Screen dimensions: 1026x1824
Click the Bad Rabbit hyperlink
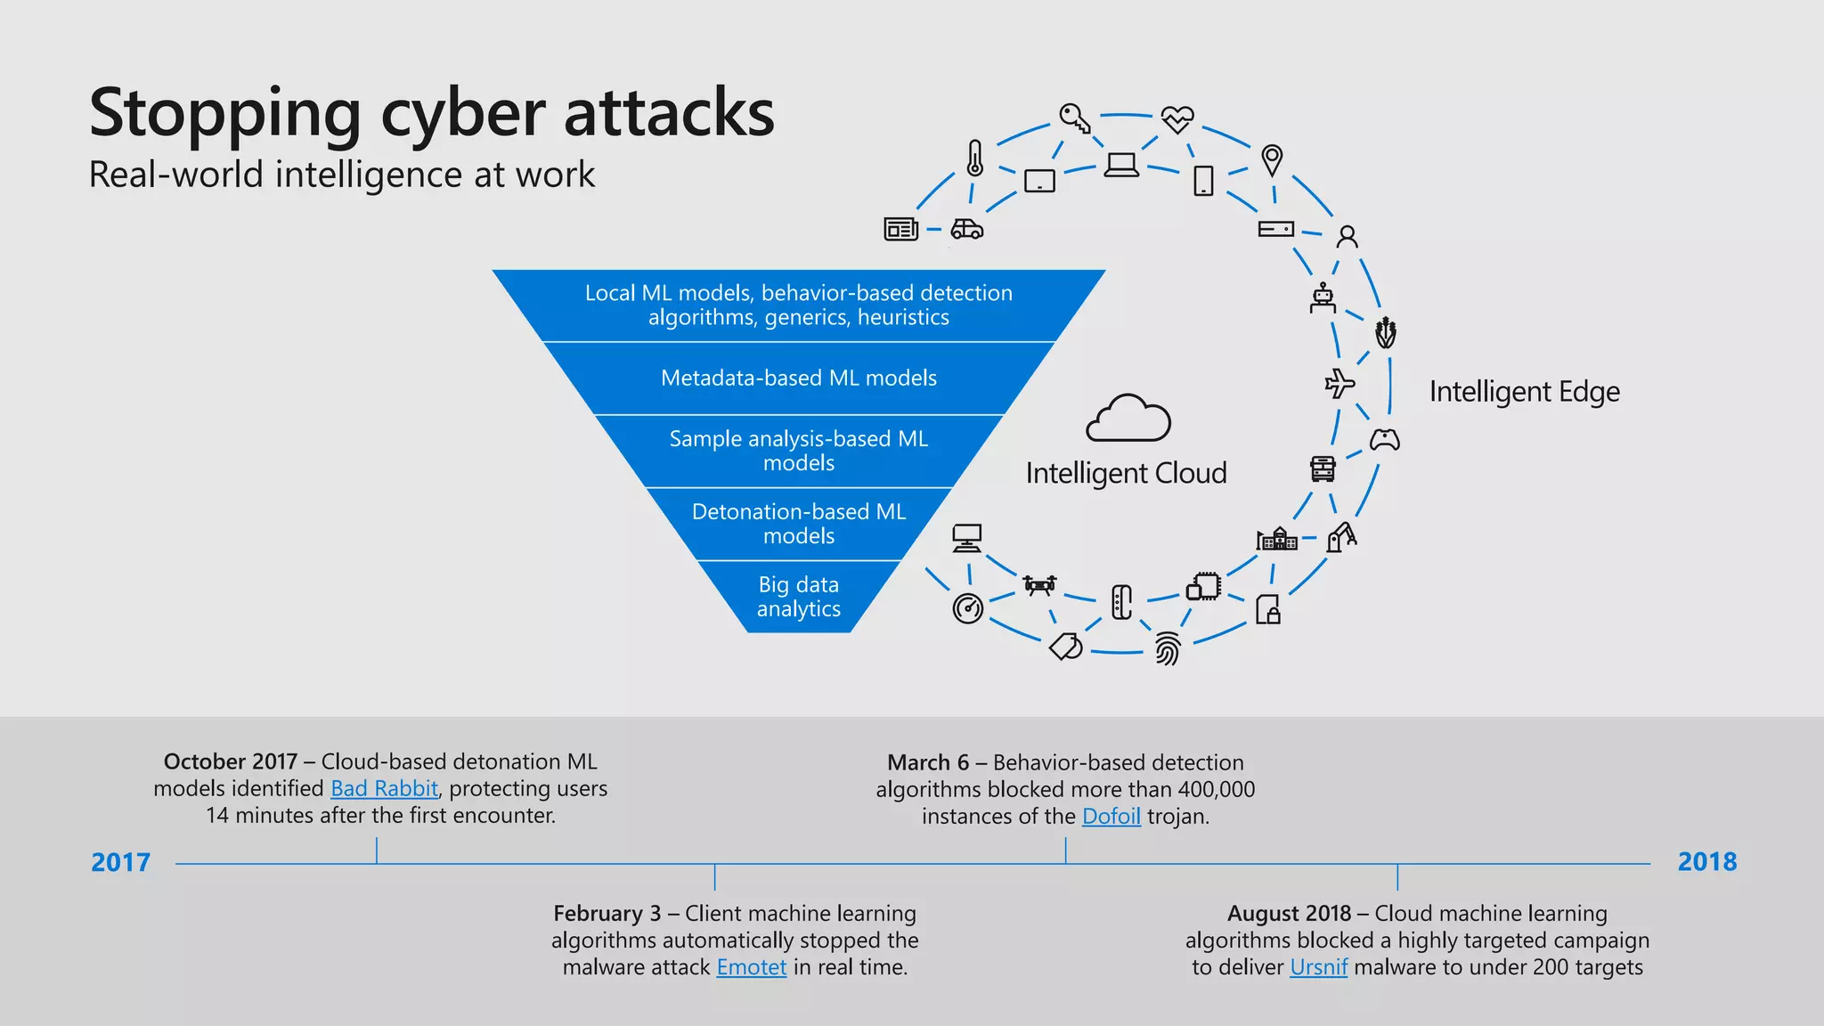point(384,789)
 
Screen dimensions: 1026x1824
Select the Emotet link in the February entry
point(751,967)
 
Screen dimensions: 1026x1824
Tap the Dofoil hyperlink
point(1111,817)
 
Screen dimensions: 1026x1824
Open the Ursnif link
point(1318,967)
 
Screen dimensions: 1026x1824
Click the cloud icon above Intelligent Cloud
point(1128,419)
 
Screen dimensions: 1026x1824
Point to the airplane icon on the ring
point(1339,384)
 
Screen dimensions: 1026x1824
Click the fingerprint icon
point(1167,649)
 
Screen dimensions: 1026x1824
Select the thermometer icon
point(975,159)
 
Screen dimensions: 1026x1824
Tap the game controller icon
point(1384,440)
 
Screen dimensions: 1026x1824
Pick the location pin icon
point(1272,160)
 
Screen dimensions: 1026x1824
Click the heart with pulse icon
point(1177,118)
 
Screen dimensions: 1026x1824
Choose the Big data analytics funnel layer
point(799,597)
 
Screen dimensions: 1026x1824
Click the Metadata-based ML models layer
point(799,379)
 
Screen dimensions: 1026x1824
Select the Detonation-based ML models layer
point(799,524)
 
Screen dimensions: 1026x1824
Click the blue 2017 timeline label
point(120,862)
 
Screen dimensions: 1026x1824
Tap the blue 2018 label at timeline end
point(1706,862)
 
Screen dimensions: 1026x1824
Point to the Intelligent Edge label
point(1524,392)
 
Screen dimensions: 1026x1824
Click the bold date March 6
point(927,763)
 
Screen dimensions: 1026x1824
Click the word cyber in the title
point(462,114)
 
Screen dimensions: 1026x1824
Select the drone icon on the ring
point(1039,585)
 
